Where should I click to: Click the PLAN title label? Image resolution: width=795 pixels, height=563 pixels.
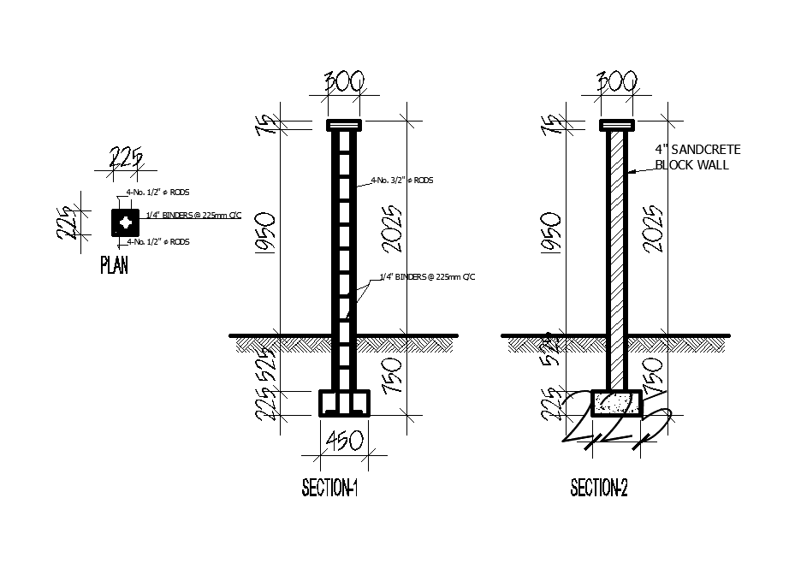(x=115, y=265)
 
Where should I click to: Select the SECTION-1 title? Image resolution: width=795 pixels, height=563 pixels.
(x=329, y=489)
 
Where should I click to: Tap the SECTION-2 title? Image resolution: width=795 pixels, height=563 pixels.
(x=599, y=489)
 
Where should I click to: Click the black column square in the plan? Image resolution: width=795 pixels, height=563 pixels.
(x=126, y=222)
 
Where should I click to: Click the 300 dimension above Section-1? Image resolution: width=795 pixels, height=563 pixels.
(x=344, y=82)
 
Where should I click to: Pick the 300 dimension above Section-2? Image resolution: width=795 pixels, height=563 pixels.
(x=617, y=82)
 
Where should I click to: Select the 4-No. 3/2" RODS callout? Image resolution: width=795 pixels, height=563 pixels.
(x=401, y=181)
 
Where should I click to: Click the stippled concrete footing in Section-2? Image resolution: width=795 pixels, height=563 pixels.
(x=617, y=403)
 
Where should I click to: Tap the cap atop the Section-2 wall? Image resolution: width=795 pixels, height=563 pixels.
(x=617, y=126)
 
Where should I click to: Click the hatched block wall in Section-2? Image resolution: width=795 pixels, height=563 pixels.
(x=617, y=257)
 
